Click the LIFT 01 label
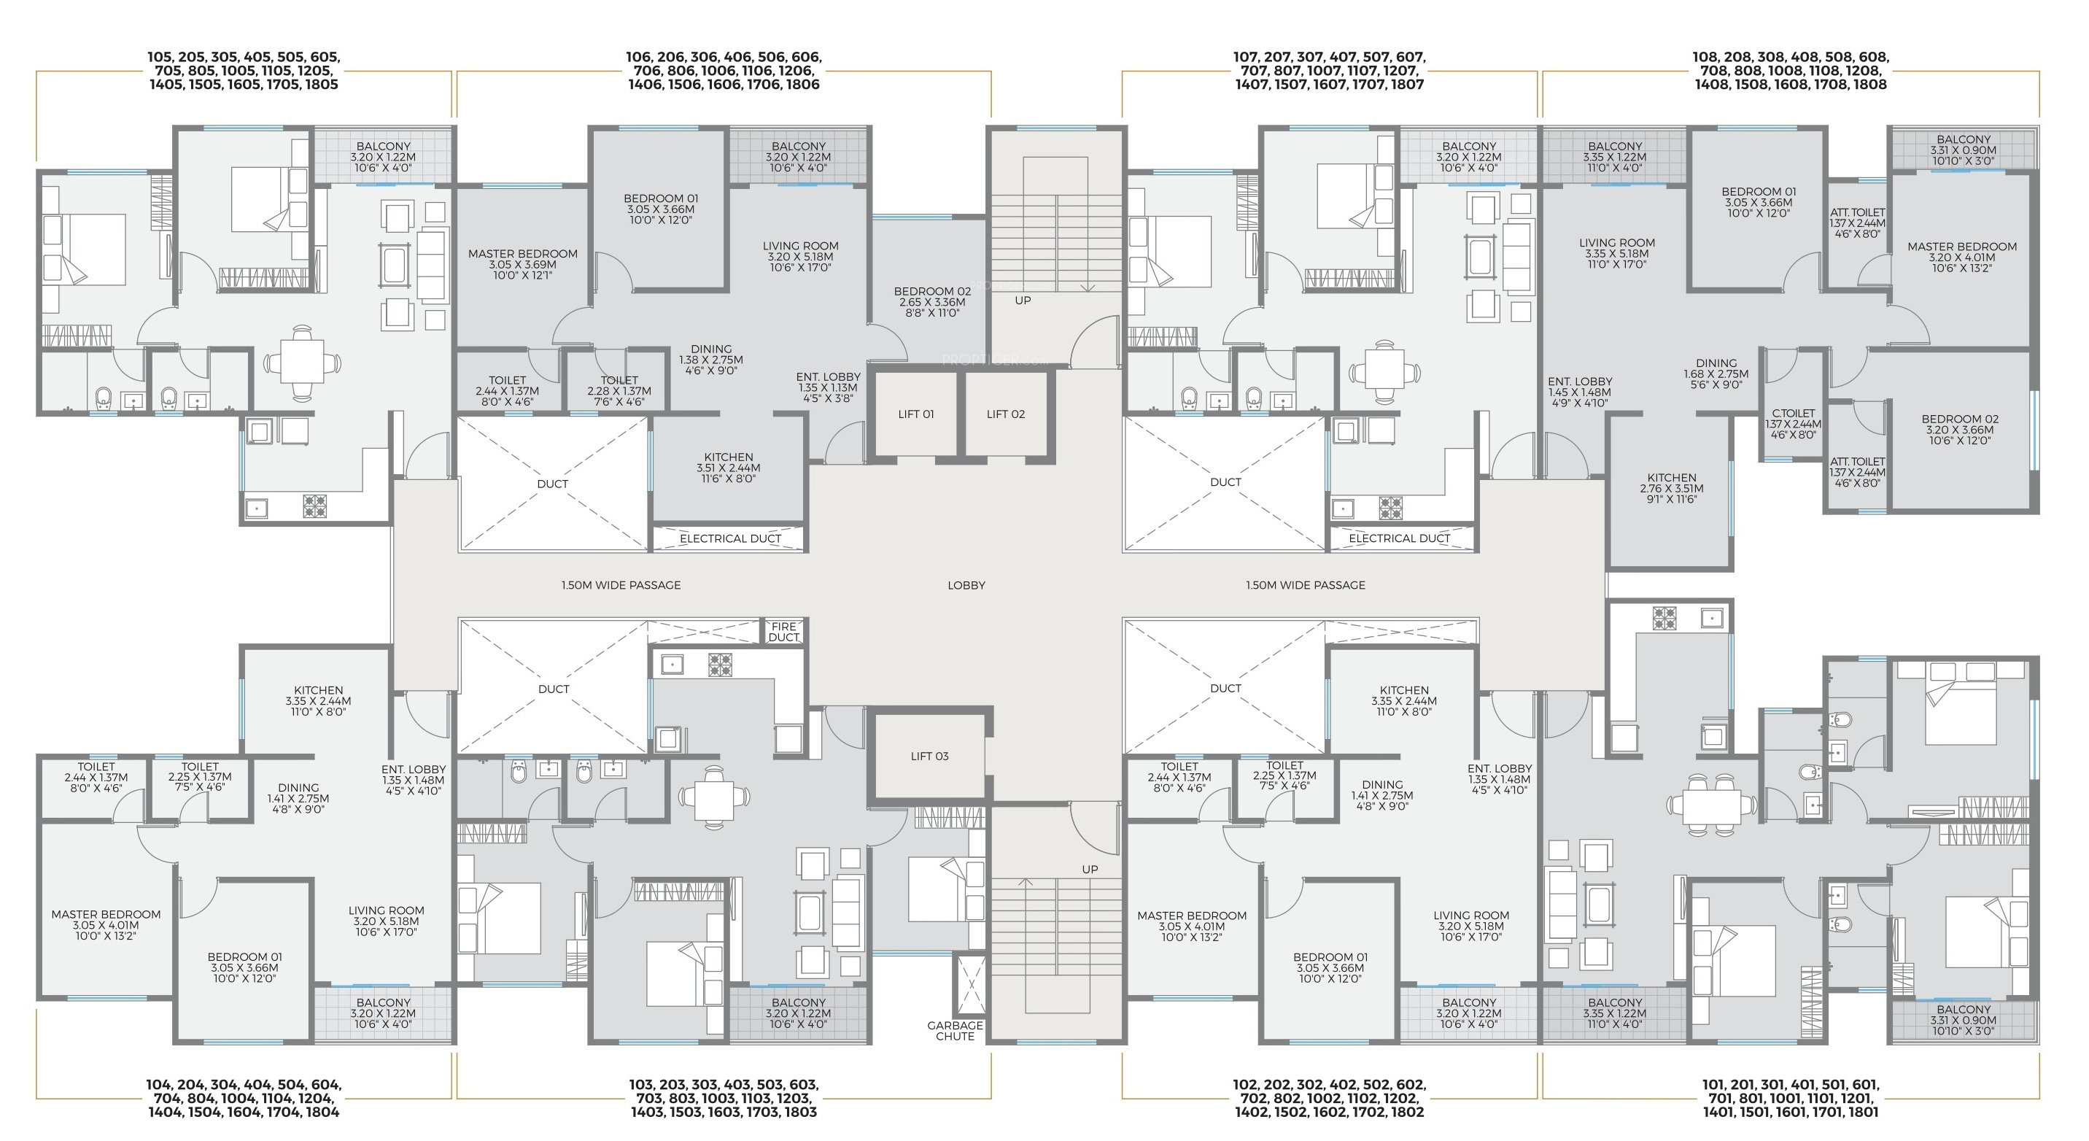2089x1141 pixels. pyautogui.click(x=915, y=414)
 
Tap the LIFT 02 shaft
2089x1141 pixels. pyautogui.click(x=1006, y=414)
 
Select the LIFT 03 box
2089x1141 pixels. pyautogui.click(x=929, y=757)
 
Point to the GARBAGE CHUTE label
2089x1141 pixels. pyautogui.click(x=956, y=1031)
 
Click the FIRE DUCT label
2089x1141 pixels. pyautogui.click(x=783, y=632)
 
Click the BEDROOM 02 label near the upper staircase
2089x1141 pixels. pyautogui.click(x=931, y=302)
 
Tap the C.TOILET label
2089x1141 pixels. pyautogui.click(x=1793, y=424)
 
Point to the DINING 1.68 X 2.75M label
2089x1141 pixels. pyautogui.click(x=1716, y=374)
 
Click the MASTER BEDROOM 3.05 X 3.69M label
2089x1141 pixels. pyautogui.click(x=522, y=264)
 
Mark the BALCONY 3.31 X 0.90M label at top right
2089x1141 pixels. pyautogui.click(x=1964, y=150)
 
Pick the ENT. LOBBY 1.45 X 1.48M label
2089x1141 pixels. pyautogui.click(x=1580, y=392)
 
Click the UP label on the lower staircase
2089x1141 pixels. pyautogui.click(x=1090, y=870)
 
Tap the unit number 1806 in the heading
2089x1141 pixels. pyautogui.click(x=802, y=85)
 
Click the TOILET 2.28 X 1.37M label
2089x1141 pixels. pyautogui.click(x=619, y=391)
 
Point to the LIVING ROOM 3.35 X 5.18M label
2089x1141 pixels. pyautogui.click(x=1616, y=253)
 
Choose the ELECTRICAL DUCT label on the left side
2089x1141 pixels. pyautogui.click(x=730, y=538)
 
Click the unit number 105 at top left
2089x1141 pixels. pyautogui.click(x=160, y=58)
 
